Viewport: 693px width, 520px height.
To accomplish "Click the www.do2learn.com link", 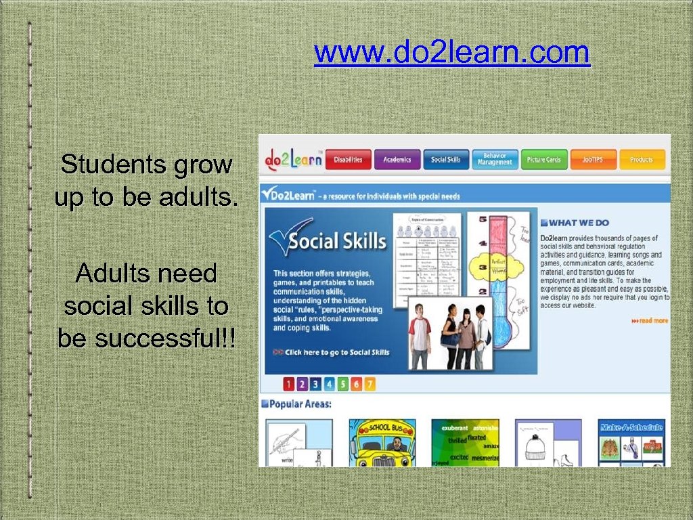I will [451, 53].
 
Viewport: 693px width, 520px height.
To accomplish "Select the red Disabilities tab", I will [349, 160].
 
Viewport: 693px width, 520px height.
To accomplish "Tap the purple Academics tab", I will [397, 160].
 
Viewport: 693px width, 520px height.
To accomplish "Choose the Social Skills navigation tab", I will [445, 160].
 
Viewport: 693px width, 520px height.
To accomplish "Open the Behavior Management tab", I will [495, 159].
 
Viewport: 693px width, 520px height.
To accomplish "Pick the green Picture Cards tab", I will [544, 160].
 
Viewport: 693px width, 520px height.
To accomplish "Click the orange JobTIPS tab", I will [593, 160].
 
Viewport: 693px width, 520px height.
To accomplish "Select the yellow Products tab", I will [642, 160].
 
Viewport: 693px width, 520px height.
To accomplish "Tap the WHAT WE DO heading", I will [579, 223].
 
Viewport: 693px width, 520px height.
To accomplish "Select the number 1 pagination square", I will [289, 384].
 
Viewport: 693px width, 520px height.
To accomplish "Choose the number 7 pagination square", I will [369, 384].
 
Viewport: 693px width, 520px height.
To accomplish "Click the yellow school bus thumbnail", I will [382, 443].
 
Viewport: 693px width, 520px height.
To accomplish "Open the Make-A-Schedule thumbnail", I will [631, 443].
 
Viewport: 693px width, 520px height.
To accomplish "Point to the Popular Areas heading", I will [300, 404].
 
